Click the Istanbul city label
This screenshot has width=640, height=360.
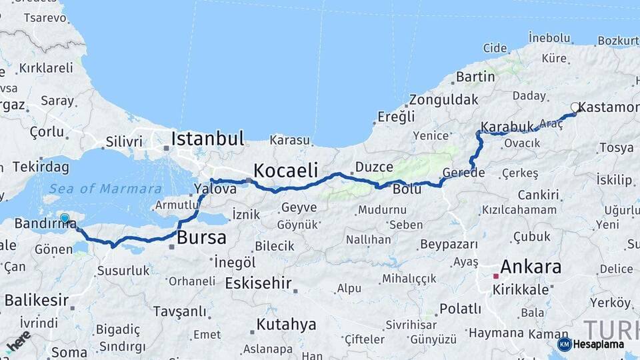click(x=207, y=139)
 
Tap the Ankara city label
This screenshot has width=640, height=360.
click(x=530, y=267)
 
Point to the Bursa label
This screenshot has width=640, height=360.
click(x=202, y=237)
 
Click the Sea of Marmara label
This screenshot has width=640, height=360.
click(x=105, y=189)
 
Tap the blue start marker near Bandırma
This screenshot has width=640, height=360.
click(x=65, y=218)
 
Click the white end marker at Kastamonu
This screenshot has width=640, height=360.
click(x=575, y=107)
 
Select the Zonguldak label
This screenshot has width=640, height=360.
click(x=444, y=100)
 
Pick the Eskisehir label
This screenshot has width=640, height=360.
click(x=258, y=283)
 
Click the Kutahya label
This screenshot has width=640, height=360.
click(x=286, y=325)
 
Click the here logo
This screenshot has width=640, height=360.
click(x=18, y=340)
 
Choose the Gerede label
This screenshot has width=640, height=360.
click(x=463, y=173)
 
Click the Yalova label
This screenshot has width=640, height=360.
click(x=215, y=189)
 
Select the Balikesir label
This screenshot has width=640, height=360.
click(x=36, y=301)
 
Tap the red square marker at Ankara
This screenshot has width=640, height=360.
click(x=495, y=275)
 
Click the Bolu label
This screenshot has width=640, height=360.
click(x=407, y=189)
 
